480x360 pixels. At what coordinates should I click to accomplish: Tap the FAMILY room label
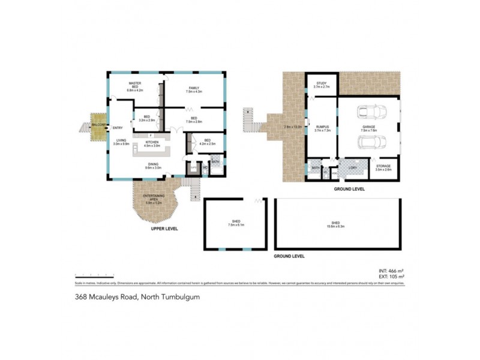point(194,90)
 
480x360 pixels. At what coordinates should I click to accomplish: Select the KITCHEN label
point(152,143)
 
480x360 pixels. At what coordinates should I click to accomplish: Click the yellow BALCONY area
point(98,124)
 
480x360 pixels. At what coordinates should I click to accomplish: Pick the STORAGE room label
point(383,168)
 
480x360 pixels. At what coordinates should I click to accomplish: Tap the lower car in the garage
point(370,143)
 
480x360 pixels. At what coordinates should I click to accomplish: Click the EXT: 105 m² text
point(391,277)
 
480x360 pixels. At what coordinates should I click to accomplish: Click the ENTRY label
point(118,127)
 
